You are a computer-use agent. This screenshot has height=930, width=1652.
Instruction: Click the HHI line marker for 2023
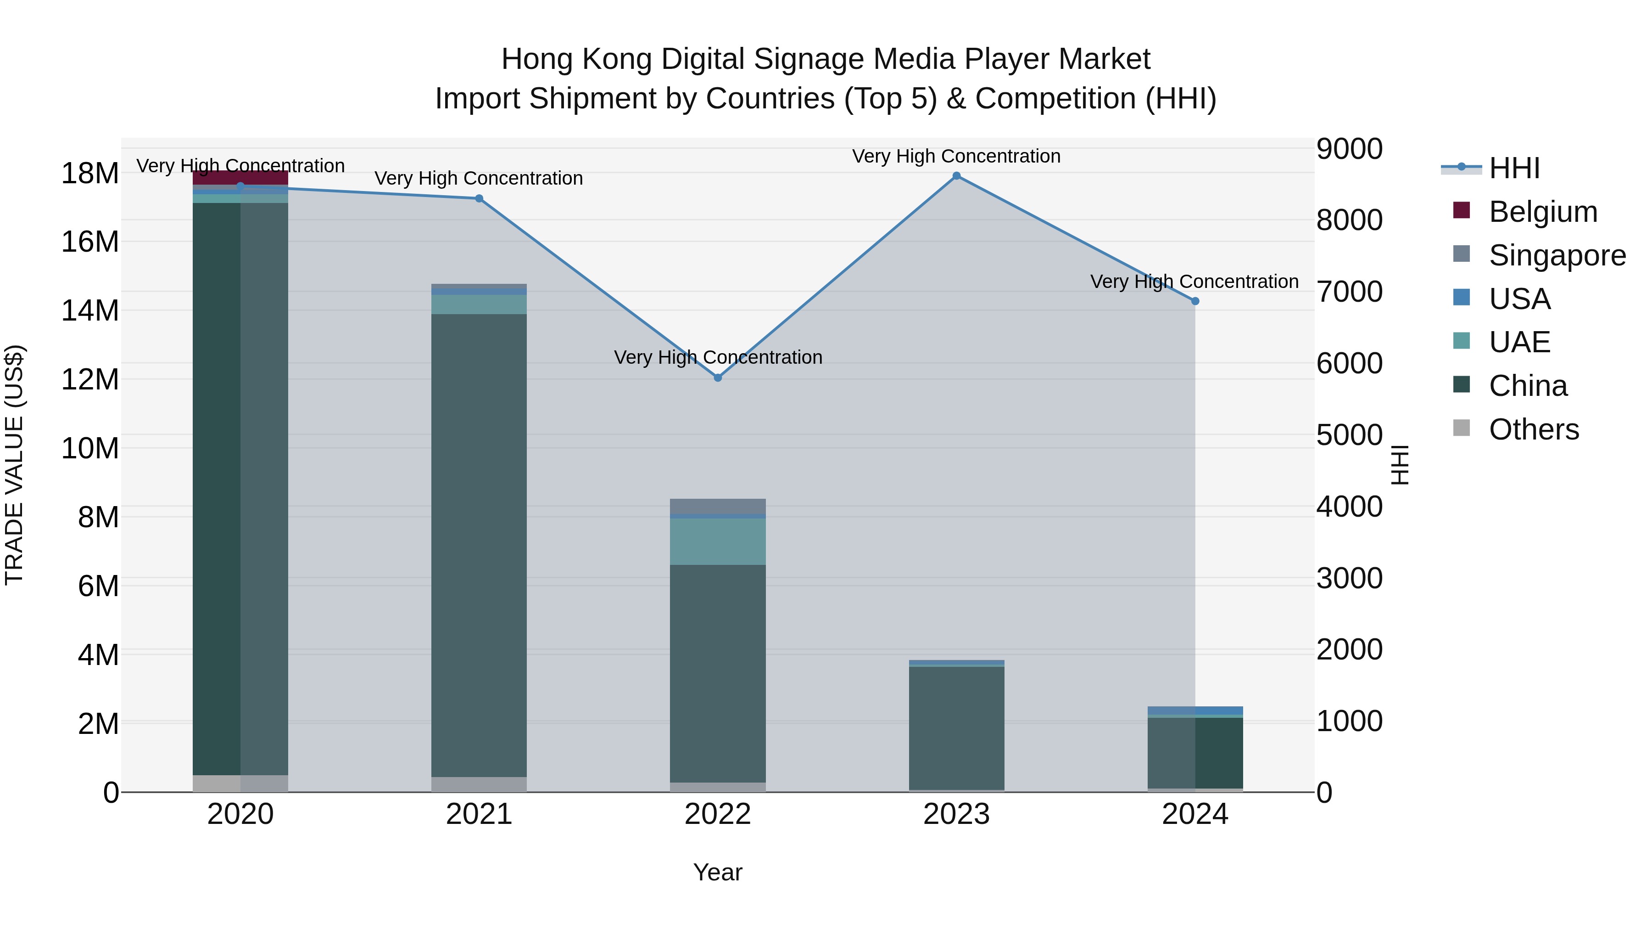point(956,176)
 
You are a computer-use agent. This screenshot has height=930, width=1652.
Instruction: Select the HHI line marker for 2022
point(718,378)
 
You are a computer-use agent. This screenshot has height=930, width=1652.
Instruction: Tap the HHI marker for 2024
point(1195,301)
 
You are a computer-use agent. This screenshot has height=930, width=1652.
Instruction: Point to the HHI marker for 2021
point(479,199)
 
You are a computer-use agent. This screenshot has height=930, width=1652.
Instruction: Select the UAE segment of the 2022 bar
point(718,541)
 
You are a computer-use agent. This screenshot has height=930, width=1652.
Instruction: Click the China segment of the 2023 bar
point(956,728)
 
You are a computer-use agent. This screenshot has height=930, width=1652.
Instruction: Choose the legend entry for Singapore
point(1557,255)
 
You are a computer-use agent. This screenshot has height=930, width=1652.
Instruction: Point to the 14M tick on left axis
point(90,310)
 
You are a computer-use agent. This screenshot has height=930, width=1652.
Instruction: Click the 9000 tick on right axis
point(1349,149)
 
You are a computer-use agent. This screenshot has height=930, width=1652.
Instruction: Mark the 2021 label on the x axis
point(479,814)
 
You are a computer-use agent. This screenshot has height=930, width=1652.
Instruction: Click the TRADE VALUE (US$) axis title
point(14,465)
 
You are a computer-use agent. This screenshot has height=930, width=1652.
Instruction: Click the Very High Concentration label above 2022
point(718,357)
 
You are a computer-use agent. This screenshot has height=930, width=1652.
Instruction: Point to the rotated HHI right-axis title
point(1401,465)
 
